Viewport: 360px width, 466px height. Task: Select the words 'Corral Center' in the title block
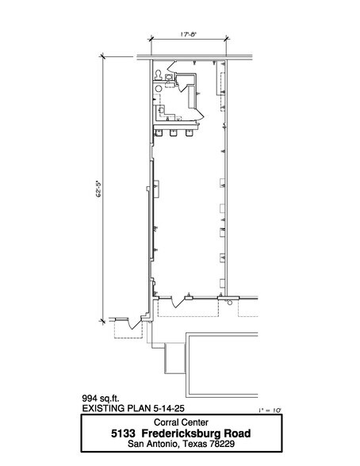coord(180,422)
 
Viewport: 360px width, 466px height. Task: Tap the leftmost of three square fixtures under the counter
coord(159,132)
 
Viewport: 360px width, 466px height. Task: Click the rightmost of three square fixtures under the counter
coord(189,132)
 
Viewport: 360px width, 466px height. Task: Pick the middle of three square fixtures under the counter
coord(174,132)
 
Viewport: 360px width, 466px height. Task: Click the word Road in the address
coord(238,434)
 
